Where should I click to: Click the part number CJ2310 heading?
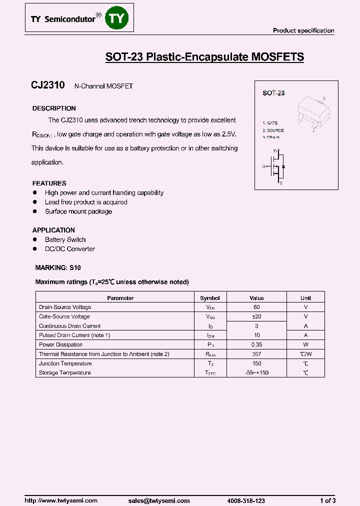[48, 85]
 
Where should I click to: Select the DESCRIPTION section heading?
[54, 108]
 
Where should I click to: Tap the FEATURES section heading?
[49, 183]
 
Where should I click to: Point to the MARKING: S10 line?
[57, 268]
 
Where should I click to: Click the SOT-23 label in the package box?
[273, 93]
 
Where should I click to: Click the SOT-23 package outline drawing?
[313, 112]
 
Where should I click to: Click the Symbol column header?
[210, 298]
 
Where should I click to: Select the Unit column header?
[305, 298]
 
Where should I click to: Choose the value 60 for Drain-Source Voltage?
[256, 307]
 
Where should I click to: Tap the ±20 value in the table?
[256, 316]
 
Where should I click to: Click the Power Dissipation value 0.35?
[256, 344]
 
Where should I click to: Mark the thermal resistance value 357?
[256, 354]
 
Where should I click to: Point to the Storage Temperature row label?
[65, 373]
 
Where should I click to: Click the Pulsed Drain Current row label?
[74, 335]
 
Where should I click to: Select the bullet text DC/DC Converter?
[69, 249]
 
